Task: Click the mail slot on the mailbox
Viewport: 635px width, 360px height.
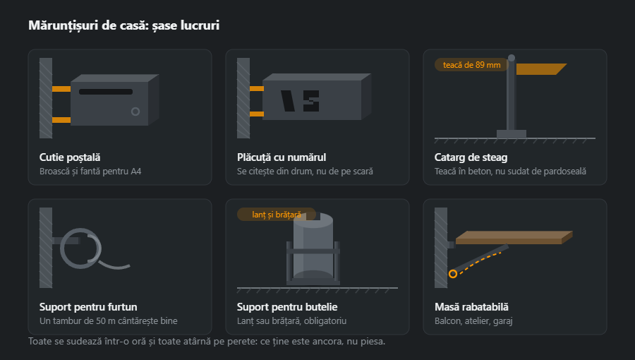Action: point(106,92)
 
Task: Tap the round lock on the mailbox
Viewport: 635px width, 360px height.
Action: point(135,112)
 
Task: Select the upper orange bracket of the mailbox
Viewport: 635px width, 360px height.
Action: point(61,89)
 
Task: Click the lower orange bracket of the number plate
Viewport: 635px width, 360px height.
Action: point(256,114)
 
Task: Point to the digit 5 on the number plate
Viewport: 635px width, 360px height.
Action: point(311,101)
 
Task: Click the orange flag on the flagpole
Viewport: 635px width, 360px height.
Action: point(541,69)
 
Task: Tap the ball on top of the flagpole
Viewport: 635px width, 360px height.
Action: point(512,58)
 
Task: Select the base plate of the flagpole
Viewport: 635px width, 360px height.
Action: point(512,134)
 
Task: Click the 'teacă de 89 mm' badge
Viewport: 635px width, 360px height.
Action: point(472,65)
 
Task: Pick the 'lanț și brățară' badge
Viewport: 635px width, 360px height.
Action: point(277,214)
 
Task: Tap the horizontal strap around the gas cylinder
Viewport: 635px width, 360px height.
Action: point(313,251)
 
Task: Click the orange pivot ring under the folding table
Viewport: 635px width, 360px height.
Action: point(453,274)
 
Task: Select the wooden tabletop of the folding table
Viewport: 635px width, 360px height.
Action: point(514,238)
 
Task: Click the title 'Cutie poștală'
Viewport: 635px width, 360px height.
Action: point(70,157)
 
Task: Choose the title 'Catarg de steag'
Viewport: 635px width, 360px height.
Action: point(471,157)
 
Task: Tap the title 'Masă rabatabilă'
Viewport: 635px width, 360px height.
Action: point(471,306)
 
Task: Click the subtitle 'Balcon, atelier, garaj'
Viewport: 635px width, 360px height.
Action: point(473,320)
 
